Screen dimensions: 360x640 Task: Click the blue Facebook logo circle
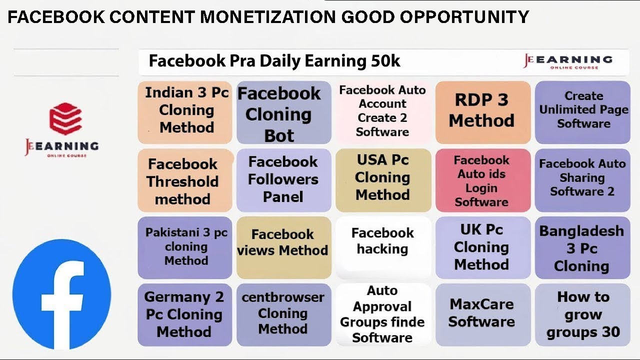click(x=61, y=294)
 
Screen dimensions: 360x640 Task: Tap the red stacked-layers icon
click(x=65, y=119)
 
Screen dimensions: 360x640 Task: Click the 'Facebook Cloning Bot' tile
click(x=283, y=113)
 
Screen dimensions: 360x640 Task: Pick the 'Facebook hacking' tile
click(x=382, y=247)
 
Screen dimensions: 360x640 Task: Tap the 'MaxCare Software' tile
click(x=482, y=314)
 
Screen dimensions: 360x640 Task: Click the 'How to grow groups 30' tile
click(x=582, y=314)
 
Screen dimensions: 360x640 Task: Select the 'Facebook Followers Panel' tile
click(x=283, y=180)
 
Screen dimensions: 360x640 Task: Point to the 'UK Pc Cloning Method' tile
click(x=482, y=247)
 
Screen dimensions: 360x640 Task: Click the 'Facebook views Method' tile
click(x=283, y=247)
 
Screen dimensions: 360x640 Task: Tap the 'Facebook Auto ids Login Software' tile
click(x=482, y=180)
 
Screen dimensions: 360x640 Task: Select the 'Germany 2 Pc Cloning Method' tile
click(x=184, y=314)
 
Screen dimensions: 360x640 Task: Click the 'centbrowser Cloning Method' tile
click(x=283, y=314)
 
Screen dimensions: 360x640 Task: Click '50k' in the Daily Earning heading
click(x=384, y=61)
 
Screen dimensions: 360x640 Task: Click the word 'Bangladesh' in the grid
click(x=581, y=231)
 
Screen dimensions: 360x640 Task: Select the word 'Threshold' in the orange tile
click(x=182, y=181)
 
